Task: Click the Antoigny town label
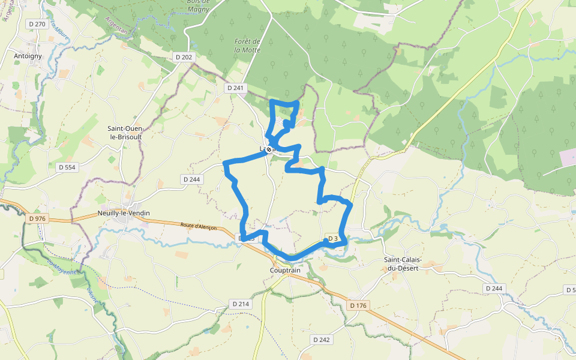point(27,56)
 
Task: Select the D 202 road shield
point(184,56)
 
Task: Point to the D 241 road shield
point(236,88)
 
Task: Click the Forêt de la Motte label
point(247,46)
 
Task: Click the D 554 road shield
point(68,167)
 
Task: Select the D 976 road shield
point(37,218)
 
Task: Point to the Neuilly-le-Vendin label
point(124,213)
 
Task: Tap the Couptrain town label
point(285,270)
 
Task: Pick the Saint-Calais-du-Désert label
point(403,263)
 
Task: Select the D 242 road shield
point(322,340)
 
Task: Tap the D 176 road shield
point(357,306)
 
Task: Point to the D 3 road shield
point(334,238)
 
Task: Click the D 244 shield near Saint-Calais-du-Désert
point(493,289)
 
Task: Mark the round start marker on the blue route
point(271,149)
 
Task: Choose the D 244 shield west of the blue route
point(191,179)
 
